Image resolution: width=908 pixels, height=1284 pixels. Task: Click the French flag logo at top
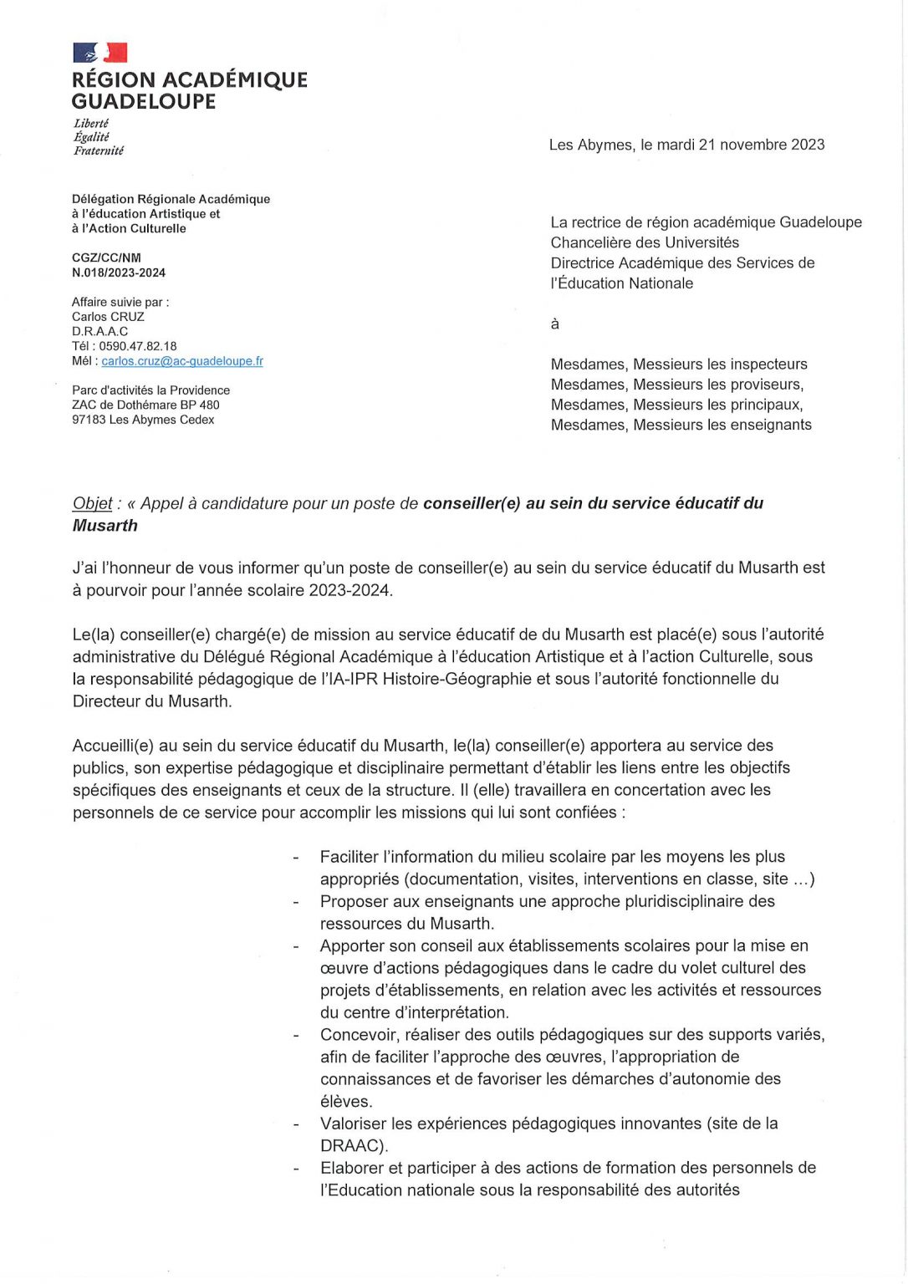click(x=99, y=53)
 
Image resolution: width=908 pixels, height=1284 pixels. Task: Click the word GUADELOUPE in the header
click(x=144, y=102)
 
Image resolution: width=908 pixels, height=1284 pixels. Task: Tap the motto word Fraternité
click(x=99, y=151)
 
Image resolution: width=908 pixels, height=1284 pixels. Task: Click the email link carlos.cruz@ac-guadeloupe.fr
click(x=182, y=361)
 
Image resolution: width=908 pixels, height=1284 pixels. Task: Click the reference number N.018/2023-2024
click(x=119, y=273)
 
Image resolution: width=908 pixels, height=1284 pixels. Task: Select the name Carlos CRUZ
click(x=108, y=317)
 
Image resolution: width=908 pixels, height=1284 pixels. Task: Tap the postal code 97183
click(x=89, y=420)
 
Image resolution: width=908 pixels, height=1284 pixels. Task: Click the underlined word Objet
click(x=92, y=503)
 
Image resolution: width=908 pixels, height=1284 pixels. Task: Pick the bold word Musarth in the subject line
click(x=105, y=526)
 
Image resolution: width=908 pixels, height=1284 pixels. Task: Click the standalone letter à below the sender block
click(x=554, y=324)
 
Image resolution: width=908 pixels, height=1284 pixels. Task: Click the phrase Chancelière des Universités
click(x=645, y=242)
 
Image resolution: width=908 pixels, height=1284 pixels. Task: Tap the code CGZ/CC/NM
click(x=106, y=258)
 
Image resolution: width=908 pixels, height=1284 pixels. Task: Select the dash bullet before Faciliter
click(x=296, y=858)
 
